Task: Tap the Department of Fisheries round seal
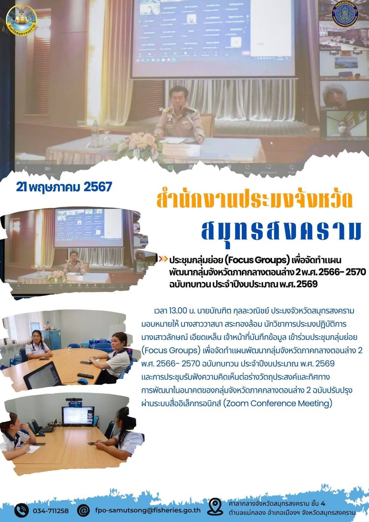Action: point(345,15)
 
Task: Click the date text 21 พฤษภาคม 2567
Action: point(64,187)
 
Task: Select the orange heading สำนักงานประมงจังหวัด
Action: point(254,200)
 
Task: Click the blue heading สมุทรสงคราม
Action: point(281,230)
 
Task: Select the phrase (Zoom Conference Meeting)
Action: point(277,403)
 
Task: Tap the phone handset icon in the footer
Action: point(21,510)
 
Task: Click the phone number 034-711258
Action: point(51,511)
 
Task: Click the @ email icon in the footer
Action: point(83,510)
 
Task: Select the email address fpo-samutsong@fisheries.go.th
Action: point(148,510)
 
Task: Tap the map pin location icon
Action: point(215,507)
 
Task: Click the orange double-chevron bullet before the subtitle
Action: point(164,259)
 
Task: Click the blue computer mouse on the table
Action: point(82,381)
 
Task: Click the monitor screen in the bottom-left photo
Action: point(78,416)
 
